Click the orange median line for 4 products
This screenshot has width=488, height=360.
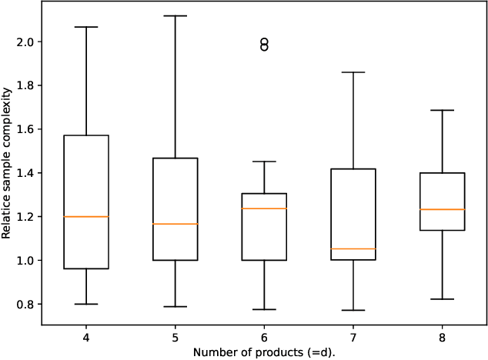[x=85, y=217]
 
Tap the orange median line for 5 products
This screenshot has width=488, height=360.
[x=175, y=224]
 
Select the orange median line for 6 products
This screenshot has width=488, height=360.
[x=264, y=208]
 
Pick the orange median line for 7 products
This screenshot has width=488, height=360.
[x=353, y=248]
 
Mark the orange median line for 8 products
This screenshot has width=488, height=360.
[x=443, y=209]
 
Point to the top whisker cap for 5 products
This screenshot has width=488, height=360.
[x=175, y=15]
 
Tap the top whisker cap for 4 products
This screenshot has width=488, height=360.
[x=85, y=27]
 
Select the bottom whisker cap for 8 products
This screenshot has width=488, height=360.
[x=443, y=299]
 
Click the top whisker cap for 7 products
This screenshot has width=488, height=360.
[x=353, y=72]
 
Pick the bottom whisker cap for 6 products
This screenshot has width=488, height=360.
[x=264, y=309]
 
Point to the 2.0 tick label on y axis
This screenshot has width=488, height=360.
[x=25, y=42]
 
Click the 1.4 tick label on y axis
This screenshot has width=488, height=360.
[x=25, y=173]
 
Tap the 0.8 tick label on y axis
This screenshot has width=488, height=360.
[x=25, y=305]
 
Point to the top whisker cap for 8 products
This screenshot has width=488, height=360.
[x=443, y=110]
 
